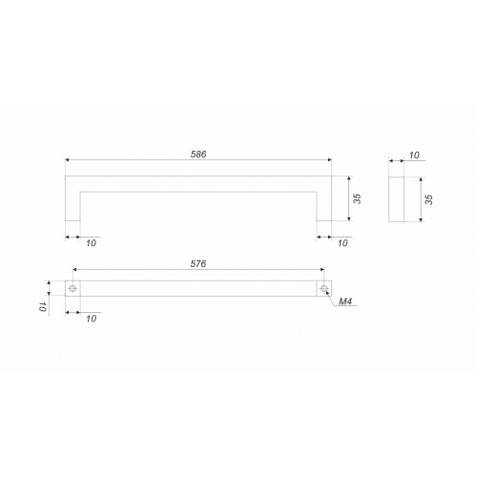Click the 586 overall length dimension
click(198, 155)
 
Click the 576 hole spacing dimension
click(198, 264)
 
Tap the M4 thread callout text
click(345, 301)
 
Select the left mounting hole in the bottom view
click(73, 288)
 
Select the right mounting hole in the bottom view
click(324, 288)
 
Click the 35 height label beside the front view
click(358, 198)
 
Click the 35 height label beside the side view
click(428, 199)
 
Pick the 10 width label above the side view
click(414, 156)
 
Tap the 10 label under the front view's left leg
click(91, 243)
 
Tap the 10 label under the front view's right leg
click(342, 243)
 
